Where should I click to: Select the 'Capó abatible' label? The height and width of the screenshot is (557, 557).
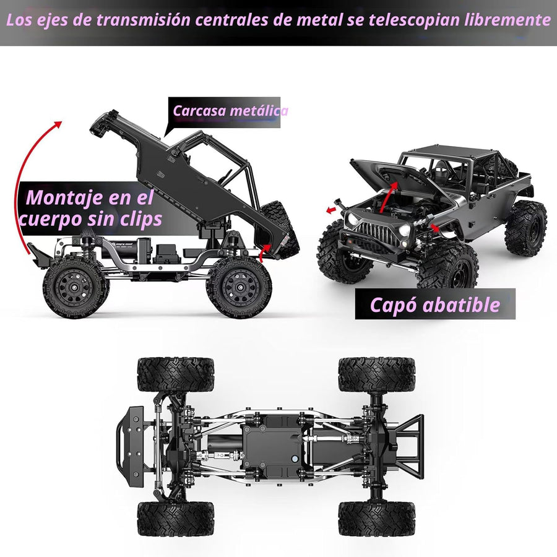(x=434, y=304)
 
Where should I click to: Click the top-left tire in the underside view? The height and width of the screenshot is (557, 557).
(x=176, y=374)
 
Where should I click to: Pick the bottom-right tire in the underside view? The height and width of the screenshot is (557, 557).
(x=376, y=517)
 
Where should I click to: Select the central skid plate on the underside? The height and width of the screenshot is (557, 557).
(x=271, y=446)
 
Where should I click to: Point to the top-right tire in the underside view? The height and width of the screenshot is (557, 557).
(x=376, y=374)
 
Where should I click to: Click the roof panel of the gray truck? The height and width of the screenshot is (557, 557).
(x=458, y=152)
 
